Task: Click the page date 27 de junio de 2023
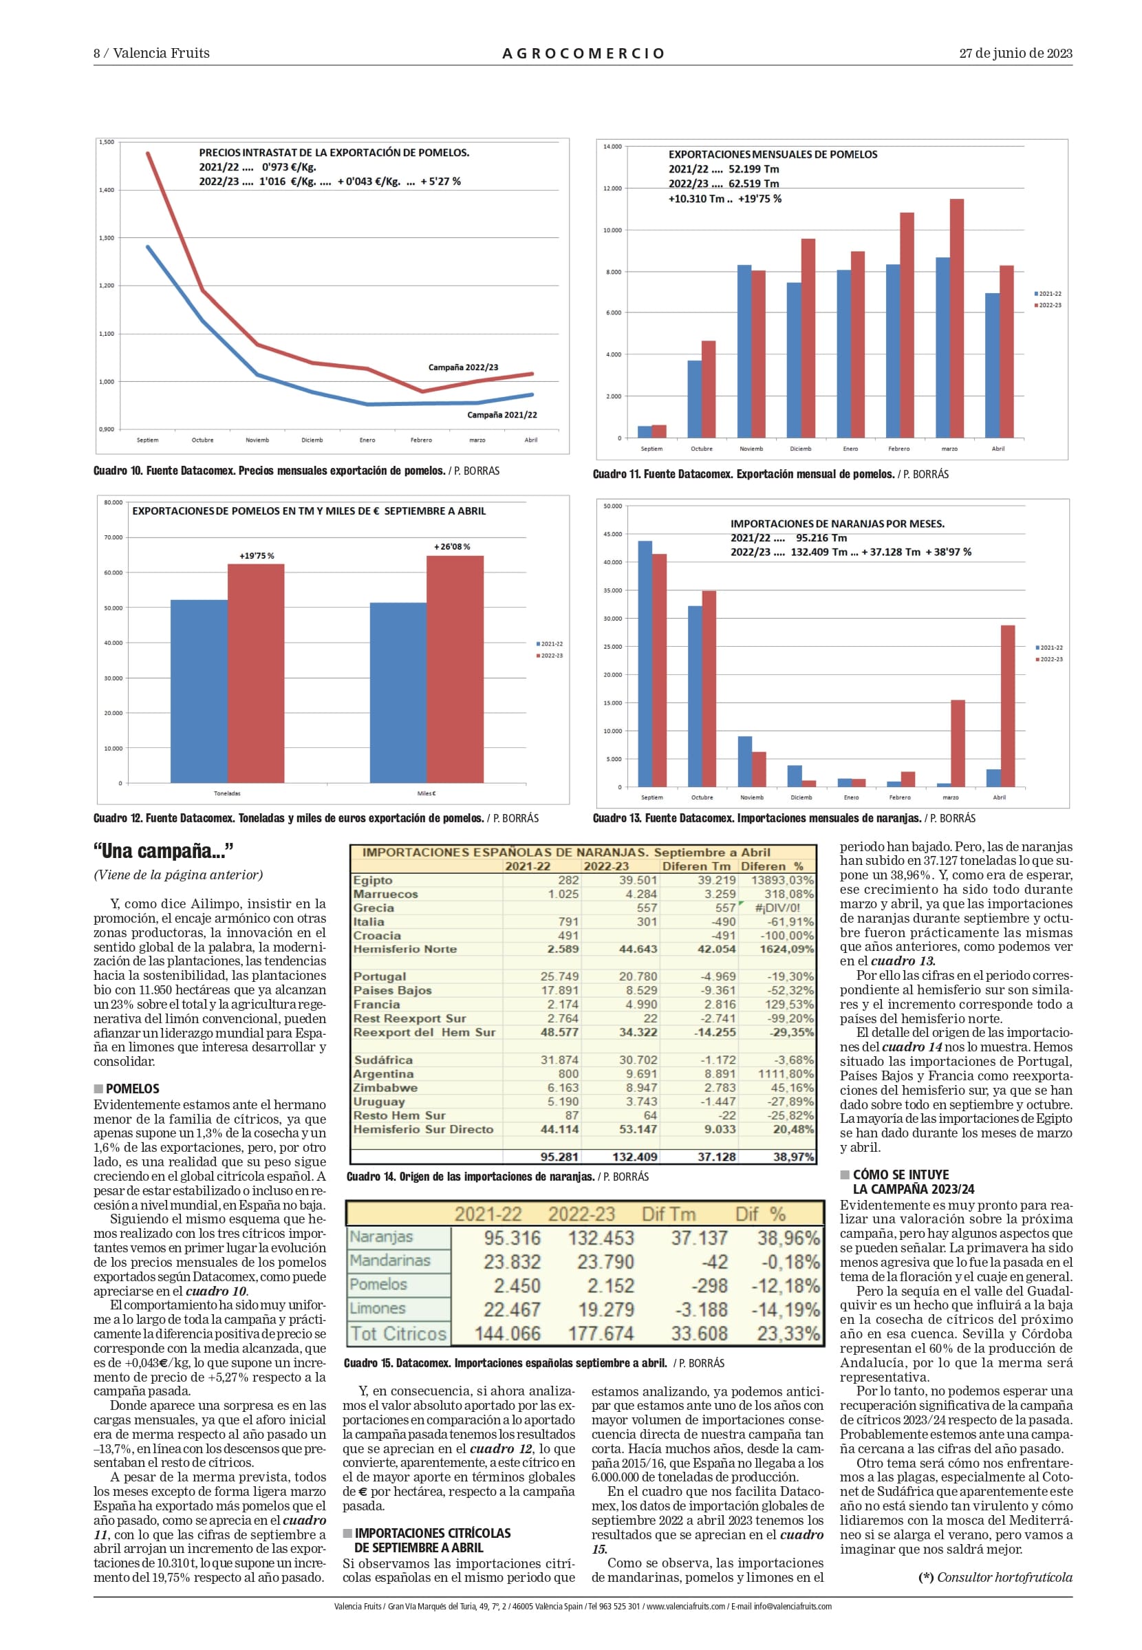(1015, 53)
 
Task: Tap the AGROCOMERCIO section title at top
(584, 54)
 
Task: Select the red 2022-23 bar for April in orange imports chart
(1007, 706)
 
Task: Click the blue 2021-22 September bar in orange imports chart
(645, 664)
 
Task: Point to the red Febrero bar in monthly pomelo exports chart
(907, 325)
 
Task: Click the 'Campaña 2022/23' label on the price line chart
(463, 367)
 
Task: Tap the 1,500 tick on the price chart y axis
(106, 142)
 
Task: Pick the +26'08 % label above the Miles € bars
(452, 546)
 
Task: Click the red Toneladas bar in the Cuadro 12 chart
(255, 674)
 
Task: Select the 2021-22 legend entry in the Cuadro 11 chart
(1048, 293)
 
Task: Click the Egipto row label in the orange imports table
(373, 880)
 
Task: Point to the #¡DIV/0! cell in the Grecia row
(778, 908)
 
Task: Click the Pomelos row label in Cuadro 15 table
(378, 1285)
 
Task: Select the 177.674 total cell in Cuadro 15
(601, 1333)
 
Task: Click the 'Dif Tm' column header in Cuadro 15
(668, 1214)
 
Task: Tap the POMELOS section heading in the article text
(132, 1089)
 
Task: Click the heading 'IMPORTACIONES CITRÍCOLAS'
(432, 1532)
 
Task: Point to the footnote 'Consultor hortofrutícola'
(1004, 1577)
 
